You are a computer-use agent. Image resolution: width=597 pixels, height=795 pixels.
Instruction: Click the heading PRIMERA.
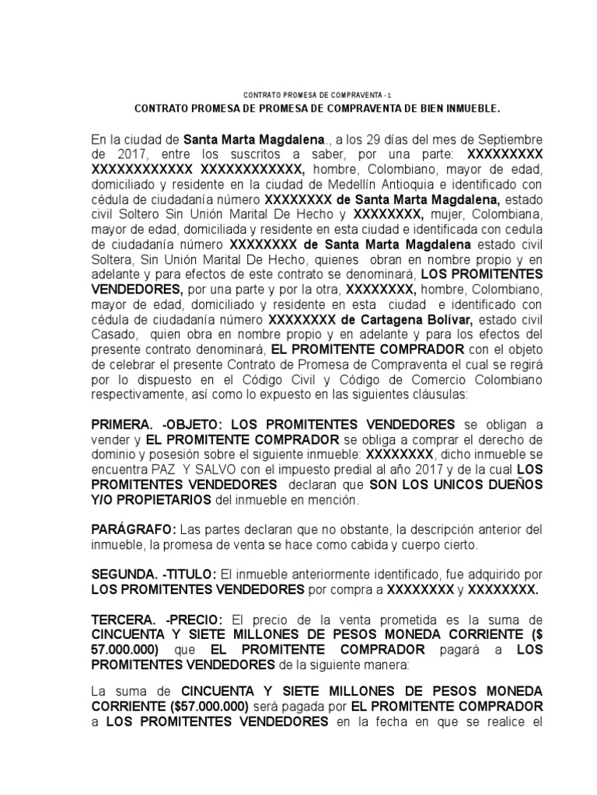click(122, 424)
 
